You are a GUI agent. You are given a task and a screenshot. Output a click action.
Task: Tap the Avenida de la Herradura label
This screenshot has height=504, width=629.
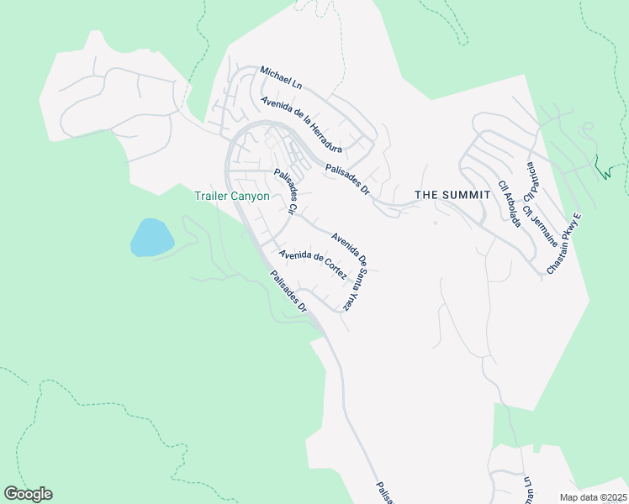click(301, 125)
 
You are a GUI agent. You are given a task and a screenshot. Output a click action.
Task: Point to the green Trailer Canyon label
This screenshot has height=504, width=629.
click(231, 197)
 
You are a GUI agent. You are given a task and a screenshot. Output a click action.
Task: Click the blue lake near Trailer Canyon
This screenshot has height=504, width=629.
click(151, 237)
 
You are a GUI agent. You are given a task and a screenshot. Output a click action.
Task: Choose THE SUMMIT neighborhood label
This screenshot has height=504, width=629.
click(453, 195)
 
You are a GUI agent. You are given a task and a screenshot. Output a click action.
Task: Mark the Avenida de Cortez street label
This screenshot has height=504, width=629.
click(313, 265)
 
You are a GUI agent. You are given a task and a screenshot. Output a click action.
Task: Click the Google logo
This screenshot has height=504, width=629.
click(28, 494)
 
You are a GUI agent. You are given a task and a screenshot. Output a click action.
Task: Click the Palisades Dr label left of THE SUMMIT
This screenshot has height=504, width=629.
click(347, 179)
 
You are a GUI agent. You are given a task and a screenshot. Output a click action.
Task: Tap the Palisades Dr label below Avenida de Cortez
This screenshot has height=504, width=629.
click(288, 292)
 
